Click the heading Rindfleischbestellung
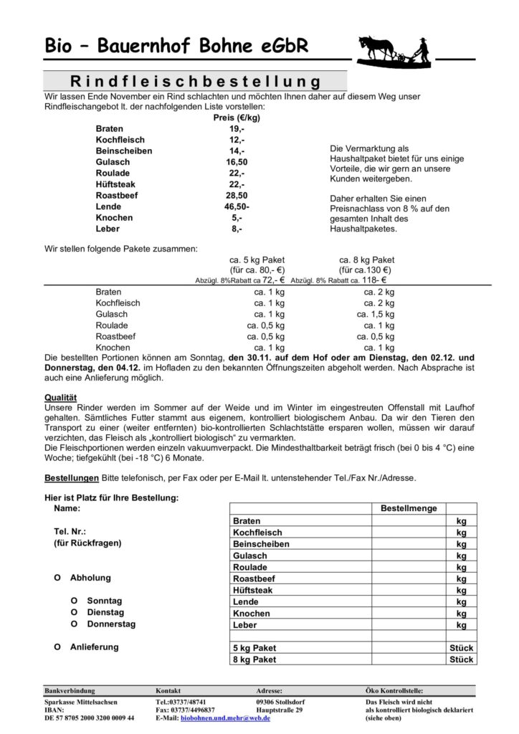click(x=194, y=80)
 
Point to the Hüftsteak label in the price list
click(x=118, y=183)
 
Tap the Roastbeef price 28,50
click(x=237, y=195)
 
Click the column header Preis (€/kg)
click(x=237, y=118)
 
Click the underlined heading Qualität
click(x=61, y=396)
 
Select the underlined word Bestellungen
click(x=71, y=477)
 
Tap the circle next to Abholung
click(x=57, y=578)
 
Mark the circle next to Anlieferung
click(x=57, y=647)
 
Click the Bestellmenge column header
click(x=409, y=508)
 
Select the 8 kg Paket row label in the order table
click(x=254, y=659)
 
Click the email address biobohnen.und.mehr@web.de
click(x=225, y=718)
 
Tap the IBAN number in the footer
click(x=89, y=718)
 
